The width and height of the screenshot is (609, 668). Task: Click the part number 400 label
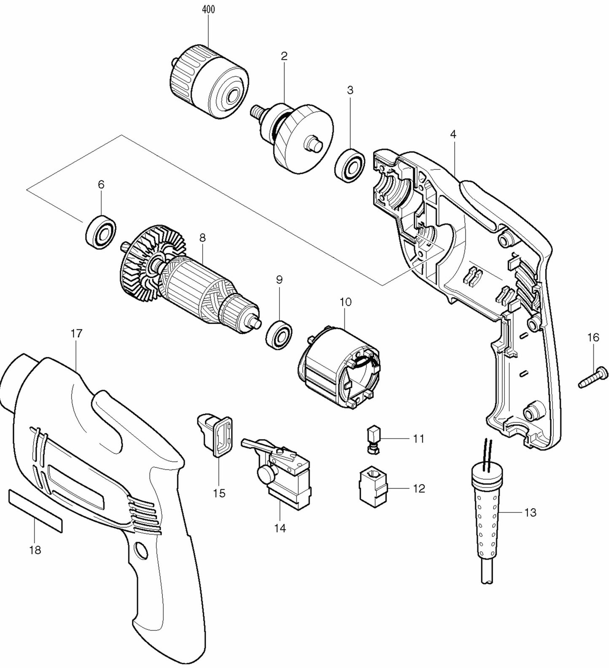tap(208, 10)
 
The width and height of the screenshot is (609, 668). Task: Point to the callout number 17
tap(76, 333)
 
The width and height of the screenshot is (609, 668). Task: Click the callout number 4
tap(453, 134)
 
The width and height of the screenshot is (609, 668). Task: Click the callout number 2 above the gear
tap(284, 56)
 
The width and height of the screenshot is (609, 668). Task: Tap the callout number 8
tap(202, 238)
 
